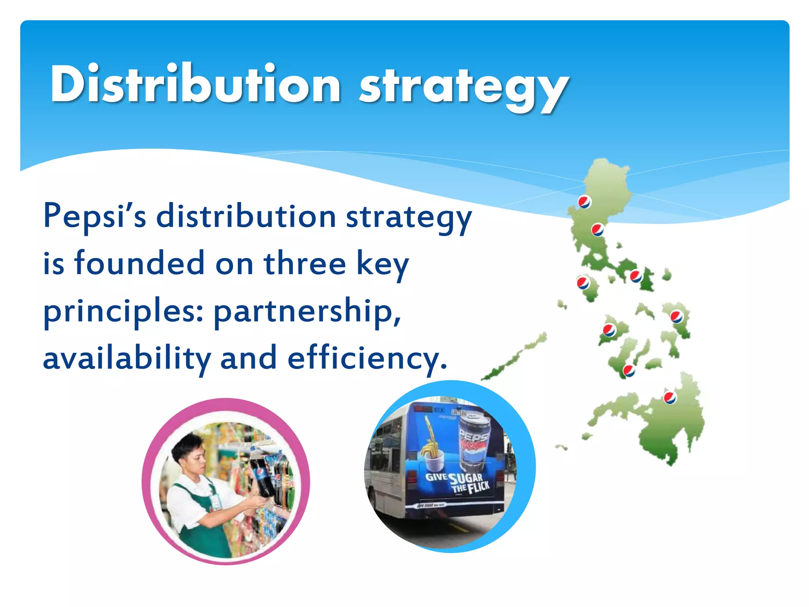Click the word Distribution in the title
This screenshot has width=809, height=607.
[196, 84]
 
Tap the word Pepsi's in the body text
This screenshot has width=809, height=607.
[95, 217]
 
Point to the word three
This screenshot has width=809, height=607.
[305, 264]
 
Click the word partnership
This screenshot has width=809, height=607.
[307, 311]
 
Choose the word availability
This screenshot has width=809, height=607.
[126, 358]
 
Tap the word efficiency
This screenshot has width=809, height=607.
[367, 358]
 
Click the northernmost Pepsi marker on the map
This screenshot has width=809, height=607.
[584, 202]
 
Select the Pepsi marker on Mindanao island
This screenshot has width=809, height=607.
[670, 398]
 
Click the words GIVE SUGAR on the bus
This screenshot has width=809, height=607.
[454, 478]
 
